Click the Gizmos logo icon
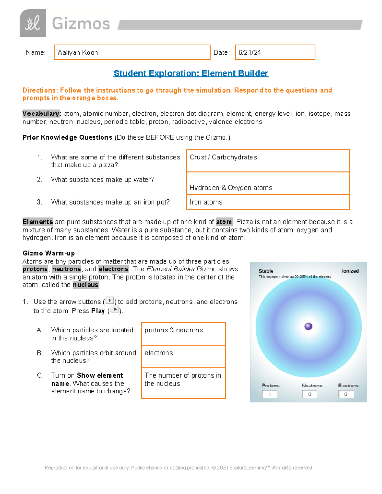(x=33, y=23)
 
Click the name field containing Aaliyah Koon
(x=132, y=52)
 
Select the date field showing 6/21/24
(x=275, y=52)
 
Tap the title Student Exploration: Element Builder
(x=191, y=73)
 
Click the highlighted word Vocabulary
(x=41, y=114)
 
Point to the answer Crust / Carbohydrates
(x=223, y=157)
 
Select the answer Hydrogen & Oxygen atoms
(x=231, y=188)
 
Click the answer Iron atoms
(x=206, y=202)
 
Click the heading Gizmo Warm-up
(x=49, y=253)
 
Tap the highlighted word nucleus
(x=86, y=285)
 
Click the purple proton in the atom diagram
(x=308, y=326)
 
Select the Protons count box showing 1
(x=270, y=394)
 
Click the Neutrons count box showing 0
(x=310, y=394)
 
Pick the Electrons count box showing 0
(x=346, y=394)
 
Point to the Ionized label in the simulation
(x=350, y=271)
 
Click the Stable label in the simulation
(x=266, y=271)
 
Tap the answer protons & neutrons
(x=174, y=330)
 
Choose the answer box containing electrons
(x=183, y=356)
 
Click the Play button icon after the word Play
(x=115, y=310)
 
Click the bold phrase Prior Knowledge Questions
(x=67, y=137)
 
